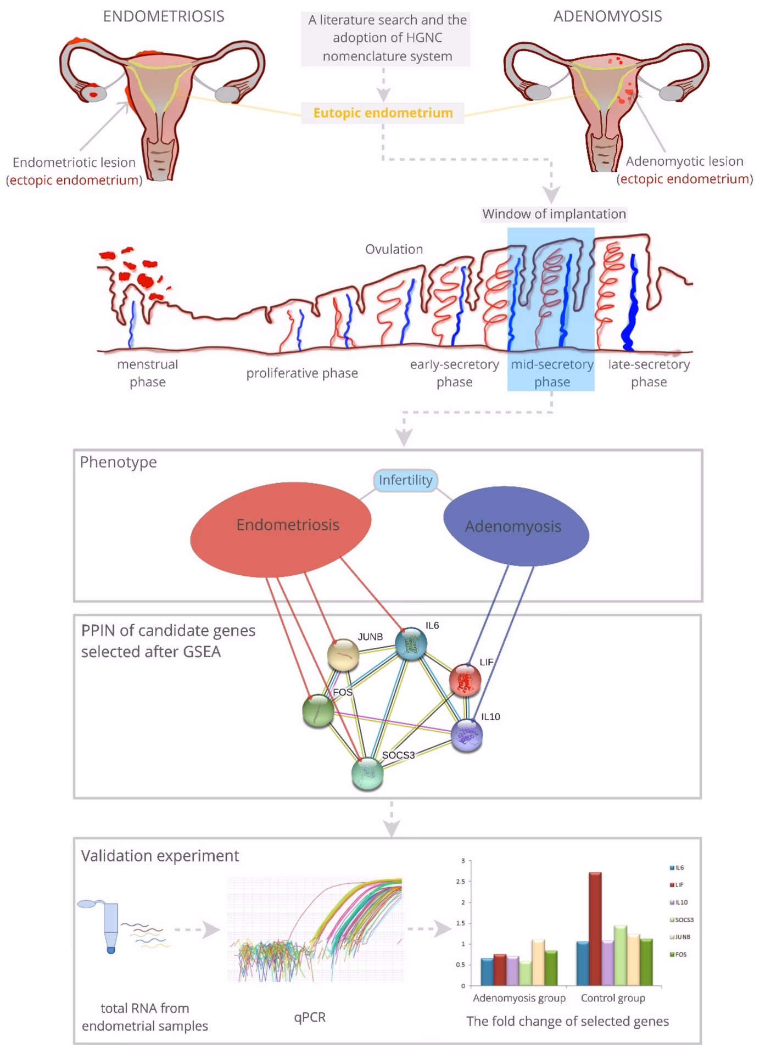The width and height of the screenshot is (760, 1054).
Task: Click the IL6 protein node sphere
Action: pyautogui.click(x=411, y=643)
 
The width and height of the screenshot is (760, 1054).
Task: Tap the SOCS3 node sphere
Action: pyautogui.click(x=367, y=773)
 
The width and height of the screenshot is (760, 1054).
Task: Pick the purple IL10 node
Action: pyautogui.click(x=467, y=735)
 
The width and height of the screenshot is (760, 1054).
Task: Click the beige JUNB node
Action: pyautogui.click(x=343, y=654)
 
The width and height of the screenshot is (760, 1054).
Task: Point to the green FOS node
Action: pyautogui.click(x=318, y=711)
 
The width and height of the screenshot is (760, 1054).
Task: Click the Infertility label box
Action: pyautogui.click(x=405, y=480)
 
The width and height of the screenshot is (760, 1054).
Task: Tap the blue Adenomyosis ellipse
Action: pyautogui.click(x=516, y=526)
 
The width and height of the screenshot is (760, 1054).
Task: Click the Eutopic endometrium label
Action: pyautogui.click(x=383, y=113)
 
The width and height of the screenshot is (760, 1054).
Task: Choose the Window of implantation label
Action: pyautogui.click(x=554, y=214)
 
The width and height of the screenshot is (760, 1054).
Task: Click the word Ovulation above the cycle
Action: pyautogui.click(x=394, y=249)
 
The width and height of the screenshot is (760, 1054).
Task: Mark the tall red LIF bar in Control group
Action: pyautogui.click(x=595, y=928)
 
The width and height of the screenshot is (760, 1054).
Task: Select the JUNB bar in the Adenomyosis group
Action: pyautogui.click(x=538, y=962)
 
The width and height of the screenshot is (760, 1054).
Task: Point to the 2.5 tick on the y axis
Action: pyautogui.click(x=460, y=882)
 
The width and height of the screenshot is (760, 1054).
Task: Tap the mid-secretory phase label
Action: pyautogui.click(x=552, y=373)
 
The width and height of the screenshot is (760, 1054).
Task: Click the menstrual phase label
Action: pyautogui.click(x=147, y=373)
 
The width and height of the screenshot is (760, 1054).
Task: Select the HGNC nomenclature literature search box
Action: pyautogui.click(x=385, y=38)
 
